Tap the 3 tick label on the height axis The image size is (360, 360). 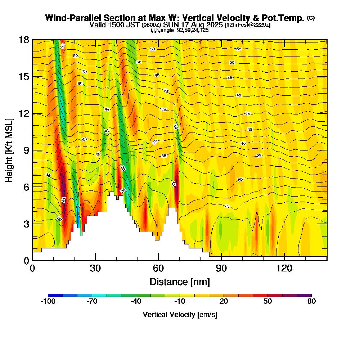[26, 224]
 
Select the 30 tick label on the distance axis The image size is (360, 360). [95, 269]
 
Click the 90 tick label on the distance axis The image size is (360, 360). [221, 269]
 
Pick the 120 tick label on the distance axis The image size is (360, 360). [284, 269]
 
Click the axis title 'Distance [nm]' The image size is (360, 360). [180, 282]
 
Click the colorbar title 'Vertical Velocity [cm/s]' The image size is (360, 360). [180, 315]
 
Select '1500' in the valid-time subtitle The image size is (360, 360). [114, 25]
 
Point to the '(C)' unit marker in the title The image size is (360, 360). [311, 18]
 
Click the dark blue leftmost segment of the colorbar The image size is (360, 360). [55, 295]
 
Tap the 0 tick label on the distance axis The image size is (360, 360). [32, 269]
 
